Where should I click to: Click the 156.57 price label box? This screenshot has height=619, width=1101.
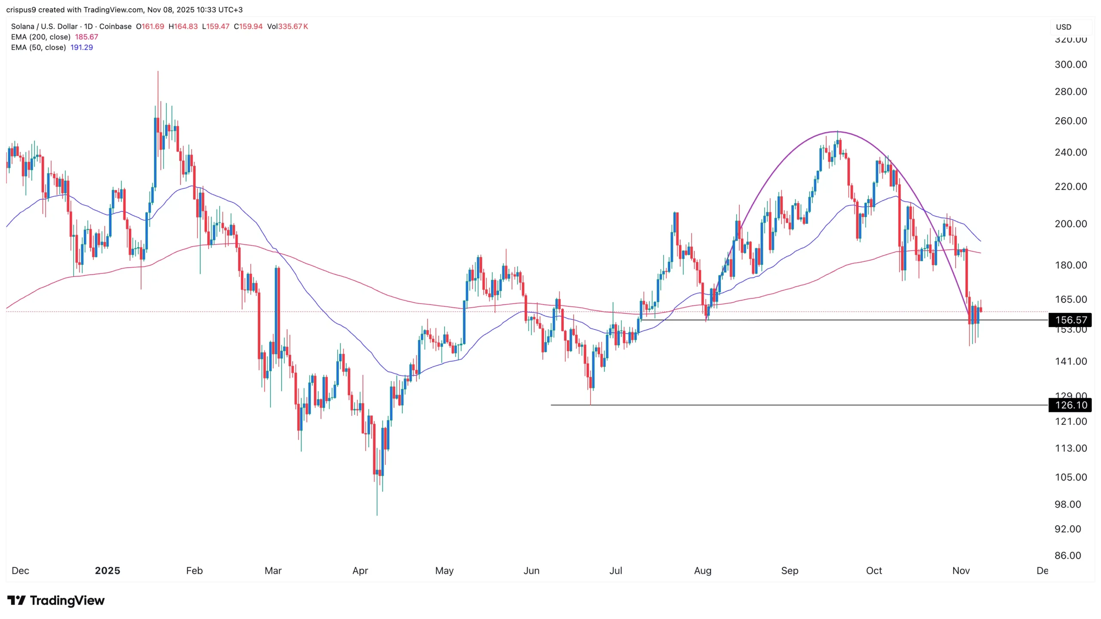click(1070, 320)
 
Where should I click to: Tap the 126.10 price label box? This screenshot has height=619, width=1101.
click(1070, 405)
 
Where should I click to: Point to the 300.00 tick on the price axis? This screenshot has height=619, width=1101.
click(1070, 65)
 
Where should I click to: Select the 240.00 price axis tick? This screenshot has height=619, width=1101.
click(1070, 152)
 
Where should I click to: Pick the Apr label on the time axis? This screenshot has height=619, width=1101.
click(360, 571)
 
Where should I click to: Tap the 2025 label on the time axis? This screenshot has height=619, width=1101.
click(107, 571)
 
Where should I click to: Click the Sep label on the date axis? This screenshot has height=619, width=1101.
click(790, 571)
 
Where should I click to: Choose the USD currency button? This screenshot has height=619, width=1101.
click(1064, 27)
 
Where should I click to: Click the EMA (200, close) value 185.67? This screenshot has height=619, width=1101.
click(86, 37)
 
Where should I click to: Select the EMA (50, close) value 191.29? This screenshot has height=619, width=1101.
click(81, 47)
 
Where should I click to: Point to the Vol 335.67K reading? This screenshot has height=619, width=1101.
click(287, 26)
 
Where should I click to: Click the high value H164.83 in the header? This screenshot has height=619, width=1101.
click(183, 26)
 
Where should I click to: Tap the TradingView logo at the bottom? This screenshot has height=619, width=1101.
click(56, 600)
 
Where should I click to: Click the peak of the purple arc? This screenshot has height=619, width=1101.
click(837, 131)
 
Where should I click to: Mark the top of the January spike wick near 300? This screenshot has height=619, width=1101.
click(158, 72)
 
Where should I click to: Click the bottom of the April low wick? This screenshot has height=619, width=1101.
click(377, 515)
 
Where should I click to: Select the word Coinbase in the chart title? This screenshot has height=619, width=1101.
click(115, 26)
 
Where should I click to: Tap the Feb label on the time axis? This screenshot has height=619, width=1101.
click(194, 571)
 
